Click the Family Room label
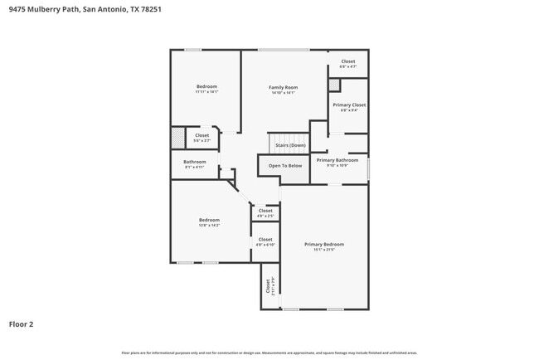coord(283,87)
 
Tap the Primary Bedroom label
coord(323,245)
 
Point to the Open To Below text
coord(284,166)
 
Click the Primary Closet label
coord(349,105)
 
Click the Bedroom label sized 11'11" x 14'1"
coord(206,87)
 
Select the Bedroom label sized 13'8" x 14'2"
coord(208,220)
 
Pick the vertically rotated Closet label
coord(268,287)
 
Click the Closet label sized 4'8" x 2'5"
coord(265,211)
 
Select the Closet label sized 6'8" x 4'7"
coord(348,61)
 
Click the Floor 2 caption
coord(21,324)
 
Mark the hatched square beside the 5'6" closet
coord(177,137)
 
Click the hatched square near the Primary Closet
coord(333,85)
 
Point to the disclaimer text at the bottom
coord(269,353)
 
